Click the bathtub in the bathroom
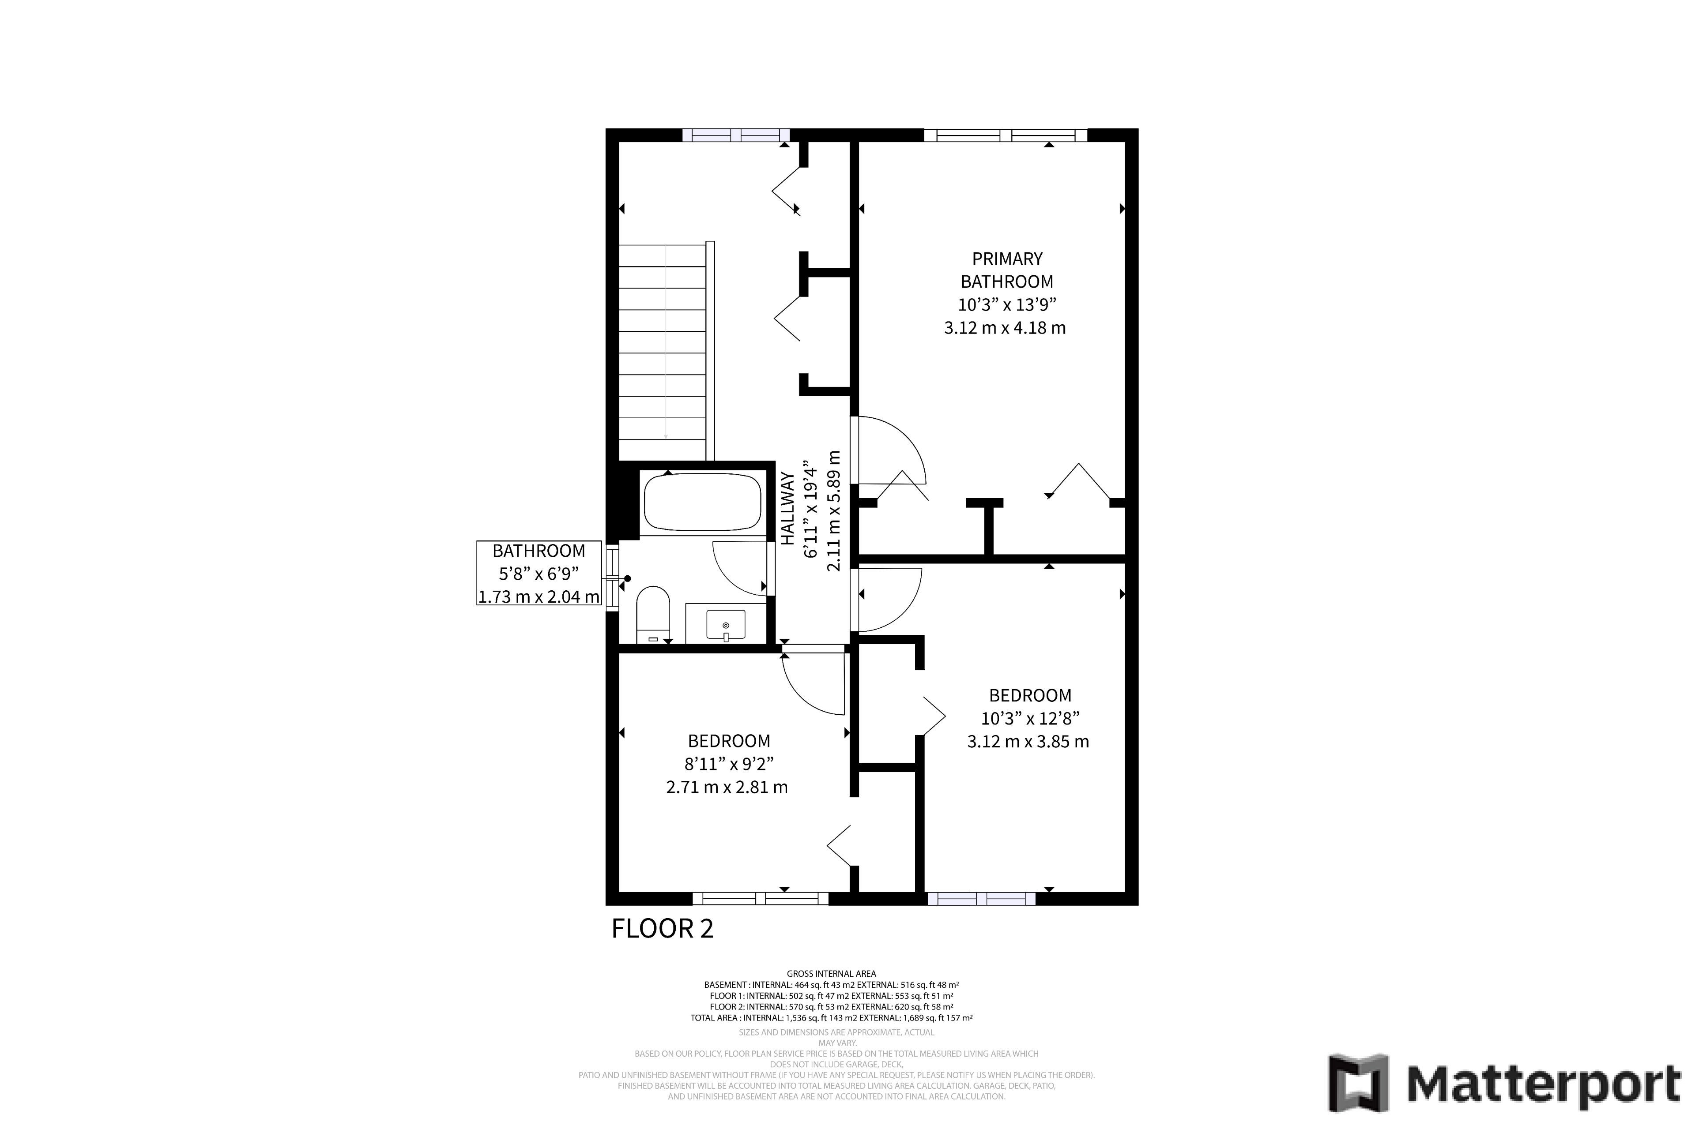click(x=702, y=502)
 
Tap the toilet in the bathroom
click(x=653, y=614)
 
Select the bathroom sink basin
click(x=725, y=624)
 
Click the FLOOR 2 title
click(x=662, y=928)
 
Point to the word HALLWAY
click(x=787, y=508)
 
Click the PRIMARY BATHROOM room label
click(x=1007, y=270)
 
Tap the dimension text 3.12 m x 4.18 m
click(x=1005, y=328)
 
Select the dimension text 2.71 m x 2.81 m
click(x=727, y=787)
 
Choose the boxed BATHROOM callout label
click(x=539, y=573)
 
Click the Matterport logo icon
click(x=1358, y=1083)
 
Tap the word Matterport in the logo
click(x=1544, y=1084)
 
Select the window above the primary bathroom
click(x=1005, y=135)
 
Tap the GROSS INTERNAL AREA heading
click(x=831, y=973)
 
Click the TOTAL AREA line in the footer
click(x=831, y=1018)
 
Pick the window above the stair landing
click(x=735, y=135)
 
